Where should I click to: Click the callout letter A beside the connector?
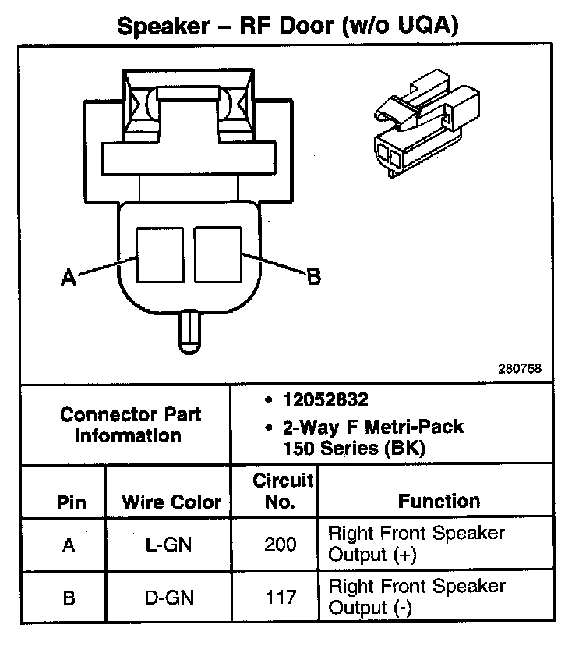69,278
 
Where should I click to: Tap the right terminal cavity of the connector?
219,254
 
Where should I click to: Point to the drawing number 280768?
521,367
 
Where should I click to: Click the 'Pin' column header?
72,502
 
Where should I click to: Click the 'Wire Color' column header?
171,502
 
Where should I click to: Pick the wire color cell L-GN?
171,545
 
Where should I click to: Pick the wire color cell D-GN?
171,598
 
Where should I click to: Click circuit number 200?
281,545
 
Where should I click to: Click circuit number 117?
281,598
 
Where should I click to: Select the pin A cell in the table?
69,545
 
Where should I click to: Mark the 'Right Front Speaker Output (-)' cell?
417,596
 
